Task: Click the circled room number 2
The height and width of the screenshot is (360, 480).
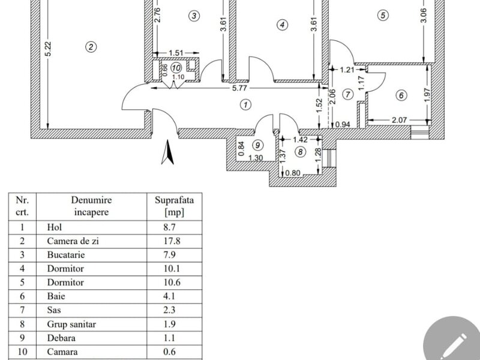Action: pos(90,47)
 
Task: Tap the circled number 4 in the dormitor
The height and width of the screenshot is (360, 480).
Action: pos(282,25)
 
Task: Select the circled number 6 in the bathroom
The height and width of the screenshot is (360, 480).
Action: pos(401,94)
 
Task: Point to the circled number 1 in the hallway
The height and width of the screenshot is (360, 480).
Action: pos(245,104)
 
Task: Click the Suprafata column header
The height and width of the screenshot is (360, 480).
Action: pos(174,206)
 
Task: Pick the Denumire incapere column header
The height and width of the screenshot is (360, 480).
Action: pos(92,206)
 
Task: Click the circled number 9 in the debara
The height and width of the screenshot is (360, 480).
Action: pos(257,145)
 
